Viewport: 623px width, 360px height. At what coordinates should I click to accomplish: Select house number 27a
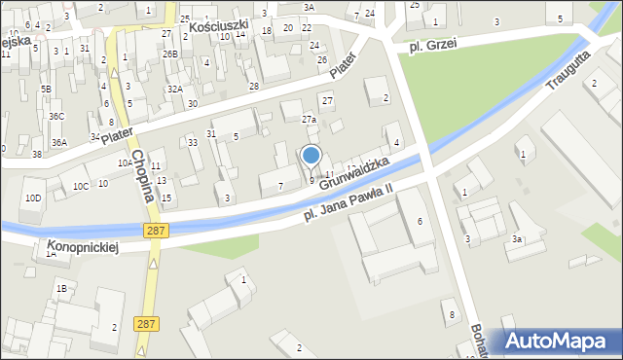pyautogui.click(x=309, y=120)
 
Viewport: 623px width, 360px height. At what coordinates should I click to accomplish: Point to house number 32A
pyautogui.click(x=174, y=90)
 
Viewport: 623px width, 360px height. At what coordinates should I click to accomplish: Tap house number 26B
pyautogui.click(x=170, y=54)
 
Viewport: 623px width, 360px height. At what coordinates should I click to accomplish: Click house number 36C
pyautogui.click(x=57, y=117)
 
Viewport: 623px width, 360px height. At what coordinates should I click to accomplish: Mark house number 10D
pyautogui.click(x=34, y=198)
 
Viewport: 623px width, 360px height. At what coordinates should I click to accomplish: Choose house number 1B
pyautogui.click(x=61, y=288)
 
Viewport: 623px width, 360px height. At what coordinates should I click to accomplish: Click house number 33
pyautogui.click(x=194, y=143)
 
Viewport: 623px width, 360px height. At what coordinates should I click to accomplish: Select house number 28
pyautogui.click(x=254, y=87)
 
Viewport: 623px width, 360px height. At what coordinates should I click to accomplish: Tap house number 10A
pyautogui.click(x=125, y=163)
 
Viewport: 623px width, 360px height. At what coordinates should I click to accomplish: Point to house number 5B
pyautogui.click(x=46, y=90)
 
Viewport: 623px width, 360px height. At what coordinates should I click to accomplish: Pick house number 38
pyautogui.click(x=37, y=155)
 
